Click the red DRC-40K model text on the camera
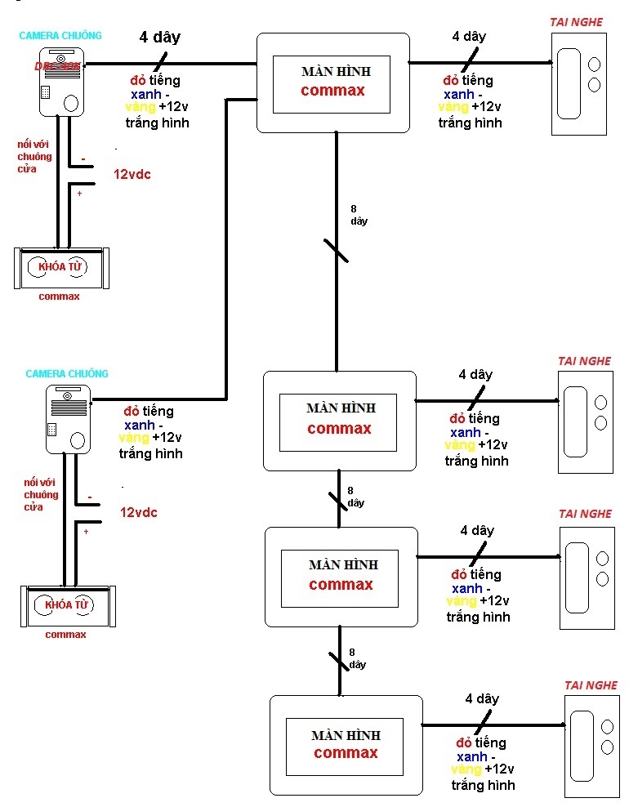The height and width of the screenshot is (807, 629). (x=57, y=65)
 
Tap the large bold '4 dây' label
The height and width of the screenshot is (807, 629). (x=159, y=38)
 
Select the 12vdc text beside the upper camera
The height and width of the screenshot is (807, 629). (x=132, y=174)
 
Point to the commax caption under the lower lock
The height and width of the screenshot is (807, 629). (x=65, y=635)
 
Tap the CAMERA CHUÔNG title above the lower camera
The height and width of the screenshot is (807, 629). (x=66, y=373)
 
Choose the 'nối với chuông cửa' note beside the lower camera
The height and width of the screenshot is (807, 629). (x=41, y=495)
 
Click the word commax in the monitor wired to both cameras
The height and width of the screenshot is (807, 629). (x=332, y=90)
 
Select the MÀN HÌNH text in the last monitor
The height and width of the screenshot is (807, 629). (x=346, y=735)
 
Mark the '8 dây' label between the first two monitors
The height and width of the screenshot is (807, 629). (x=359, y=216)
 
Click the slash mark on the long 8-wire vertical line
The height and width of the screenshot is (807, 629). (x=336, y=251)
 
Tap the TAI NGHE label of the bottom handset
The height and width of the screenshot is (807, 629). (x=591, y=685)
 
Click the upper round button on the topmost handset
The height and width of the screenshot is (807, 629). (x=594, y=65)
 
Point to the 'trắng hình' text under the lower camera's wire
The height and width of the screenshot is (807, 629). (x=150, y=453)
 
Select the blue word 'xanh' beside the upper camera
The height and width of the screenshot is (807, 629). (x=145, y=94)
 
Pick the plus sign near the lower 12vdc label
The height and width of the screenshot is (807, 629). (x=86, y=532)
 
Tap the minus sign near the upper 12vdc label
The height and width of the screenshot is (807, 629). (x=83, y=158)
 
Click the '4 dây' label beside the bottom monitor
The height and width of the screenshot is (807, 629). (x=481, y=699)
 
